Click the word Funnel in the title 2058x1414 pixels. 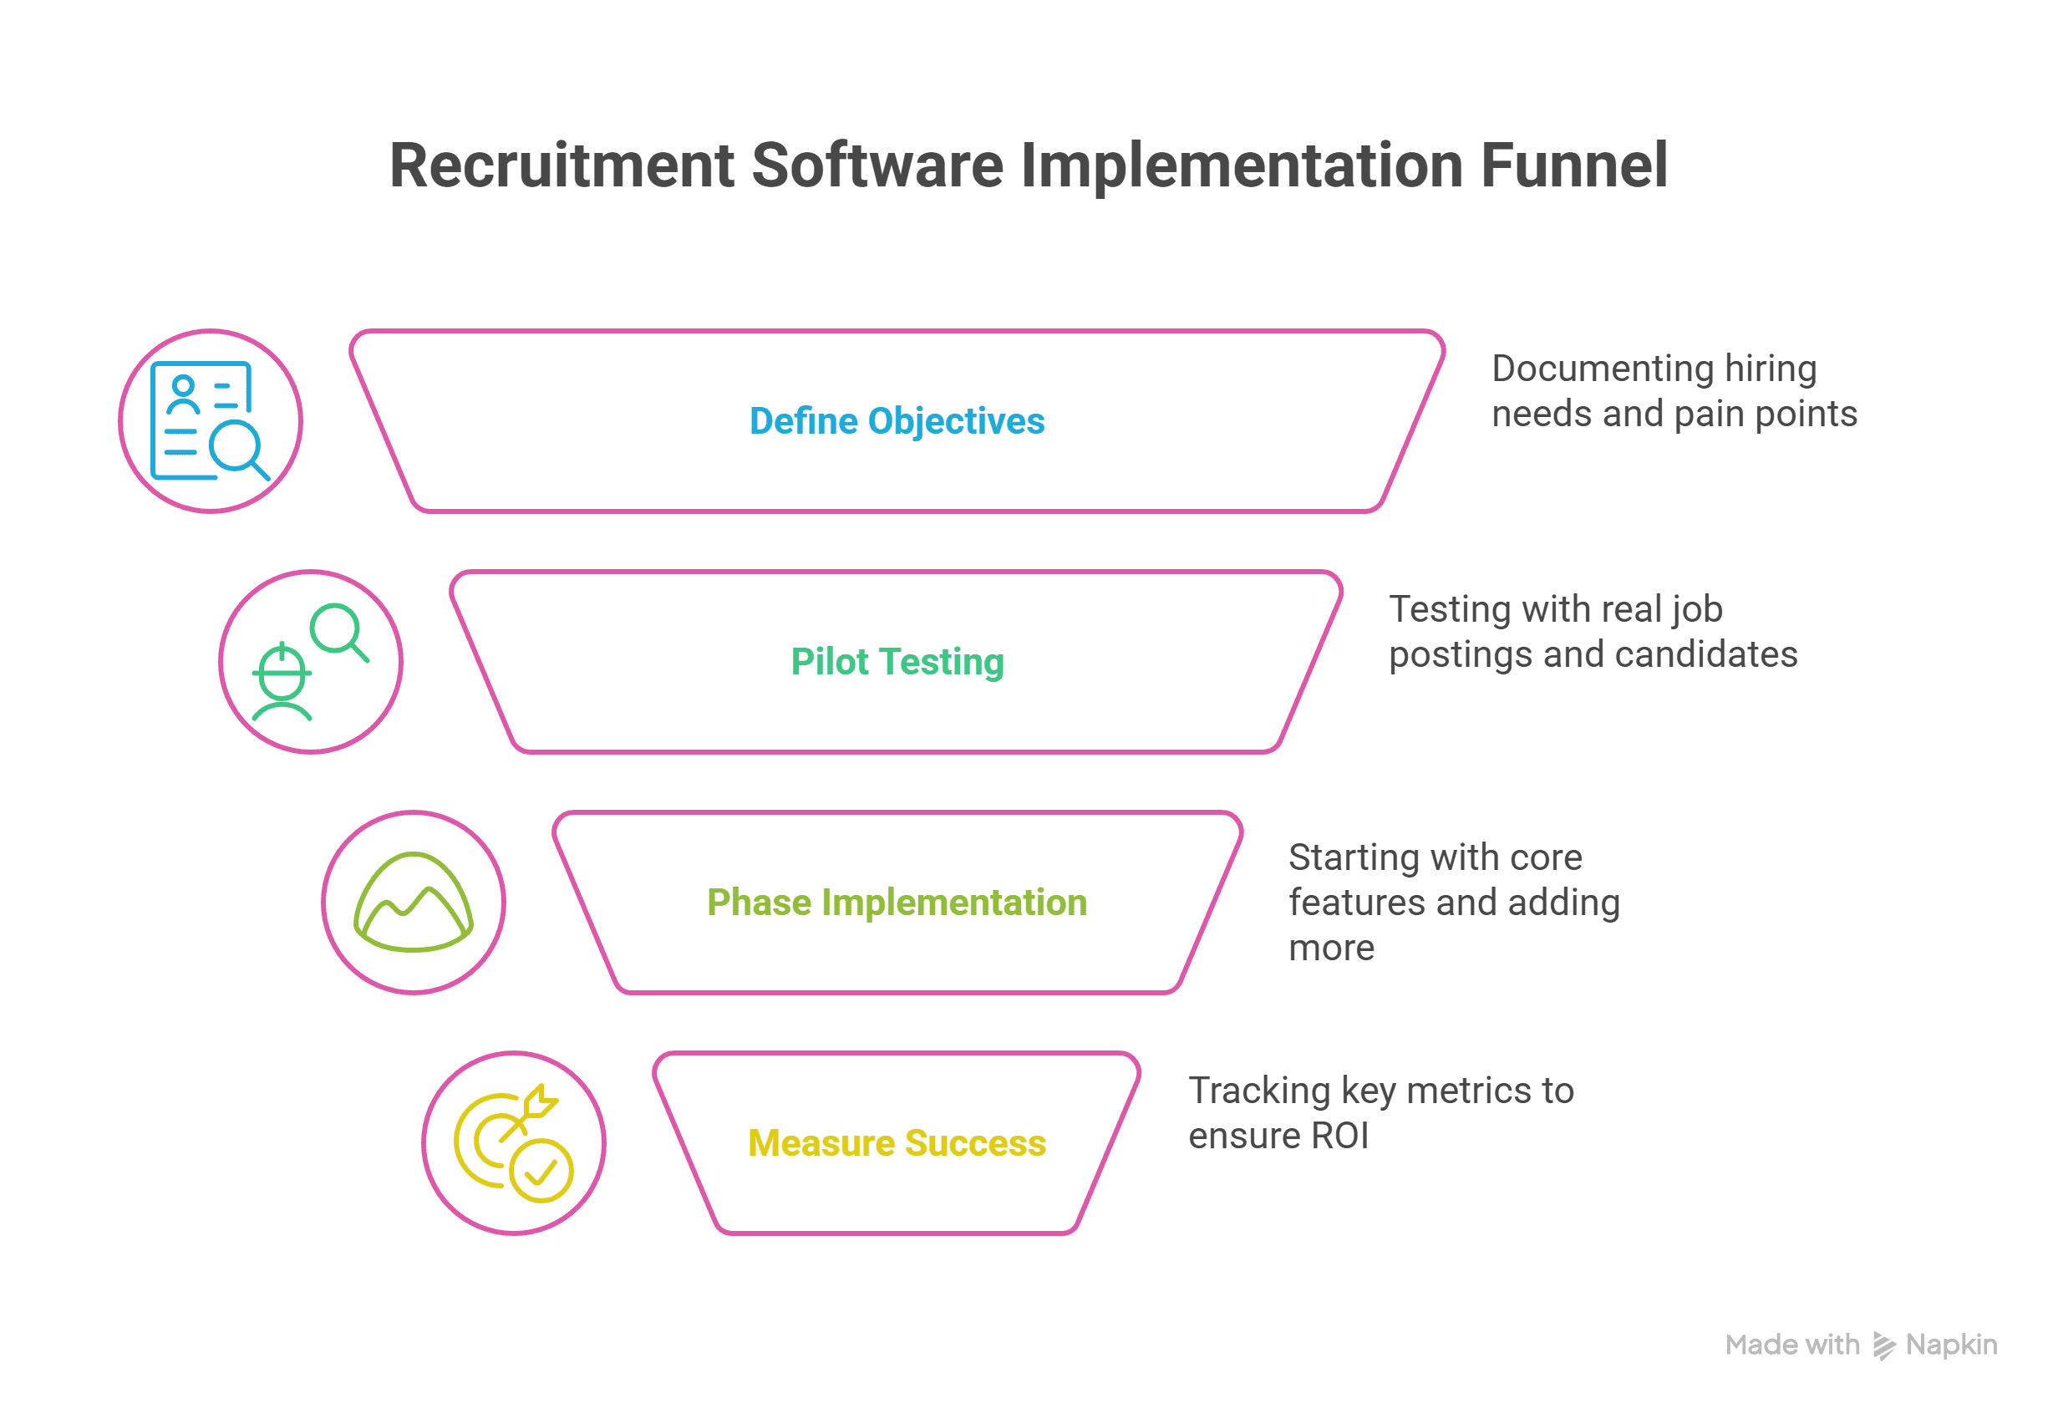(1573, 165)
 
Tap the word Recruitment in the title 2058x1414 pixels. (562, 165)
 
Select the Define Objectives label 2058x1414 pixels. (897, 421)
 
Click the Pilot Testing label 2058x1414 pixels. (897, 662)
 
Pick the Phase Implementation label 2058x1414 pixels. (897, 903)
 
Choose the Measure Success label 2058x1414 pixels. (897, 1143)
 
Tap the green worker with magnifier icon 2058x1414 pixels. (310, 662)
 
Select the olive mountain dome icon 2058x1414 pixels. (413, 902)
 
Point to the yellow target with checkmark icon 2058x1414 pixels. (513, 1143)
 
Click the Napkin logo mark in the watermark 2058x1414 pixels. (1883, 1345)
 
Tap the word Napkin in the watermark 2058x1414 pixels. (1951, 1345)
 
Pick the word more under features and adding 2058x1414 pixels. (1331, 948)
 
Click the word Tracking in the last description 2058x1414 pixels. (1259, 1091)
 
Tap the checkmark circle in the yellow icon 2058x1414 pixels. (541, 1170)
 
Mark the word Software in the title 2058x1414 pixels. (877, 165)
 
